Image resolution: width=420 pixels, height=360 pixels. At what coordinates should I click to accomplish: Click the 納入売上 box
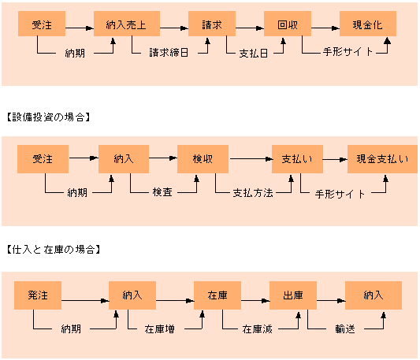[127, 24]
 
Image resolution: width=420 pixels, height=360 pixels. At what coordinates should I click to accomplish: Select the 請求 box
[212, 24]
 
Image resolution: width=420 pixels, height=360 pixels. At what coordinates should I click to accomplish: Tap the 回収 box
[288, 24]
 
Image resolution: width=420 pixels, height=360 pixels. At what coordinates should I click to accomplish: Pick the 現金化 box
[368, 24]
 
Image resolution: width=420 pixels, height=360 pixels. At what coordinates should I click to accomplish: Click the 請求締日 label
[169, 52]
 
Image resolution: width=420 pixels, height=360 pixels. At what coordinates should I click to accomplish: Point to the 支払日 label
[254, 54]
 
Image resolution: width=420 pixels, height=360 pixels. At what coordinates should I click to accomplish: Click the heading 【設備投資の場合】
[48, 117]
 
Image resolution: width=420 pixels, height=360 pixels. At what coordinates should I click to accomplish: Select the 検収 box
[203, 159]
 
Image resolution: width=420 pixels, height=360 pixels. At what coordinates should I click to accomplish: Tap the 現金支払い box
[382, 159]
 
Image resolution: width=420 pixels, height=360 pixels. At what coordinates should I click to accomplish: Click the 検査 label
[162, 192]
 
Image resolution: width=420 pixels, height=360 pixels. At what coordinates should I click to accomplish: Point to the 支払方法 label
[253, 193]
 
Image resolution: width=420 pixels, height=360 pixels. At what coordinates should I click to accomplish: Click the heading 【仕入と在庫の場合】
[54, 250]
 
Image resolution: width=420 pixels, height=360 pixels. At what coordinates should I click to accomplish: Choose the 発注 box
[38, 295]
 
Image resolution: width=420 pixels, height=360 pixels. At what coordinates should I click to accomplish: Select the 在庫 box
[217, 295]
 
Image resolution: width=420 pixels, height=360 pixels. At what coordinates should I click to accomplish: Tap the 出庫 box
[293, 295]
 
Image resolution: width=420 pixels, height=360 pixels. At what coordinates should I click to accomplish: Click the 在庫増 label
[160, 328]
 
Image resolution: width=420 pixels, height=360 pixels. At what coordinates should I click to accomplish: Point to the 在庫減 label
[257, 329]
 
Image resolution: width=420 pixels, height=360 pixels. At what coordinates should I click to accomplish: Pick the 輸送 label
[345, 328]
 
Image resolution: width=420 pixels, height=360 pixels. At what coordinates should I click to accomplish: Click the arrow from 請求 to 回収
[250, 28]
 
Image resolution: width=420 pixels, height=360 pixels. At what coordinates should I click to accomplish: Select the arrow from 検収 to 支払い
[251, 159]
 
